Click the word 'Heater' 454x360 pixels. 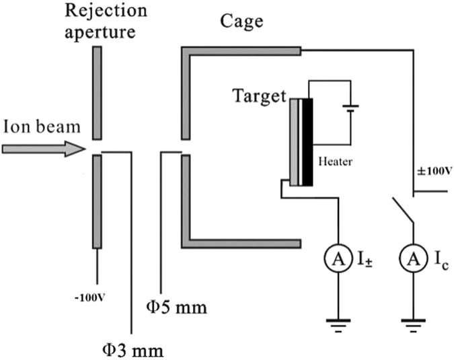[x=336, y=162]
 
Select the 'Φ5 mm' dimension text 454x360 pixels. [x=176, y=309]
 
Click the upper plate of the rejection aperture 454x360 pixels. [x=98, y=90]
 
